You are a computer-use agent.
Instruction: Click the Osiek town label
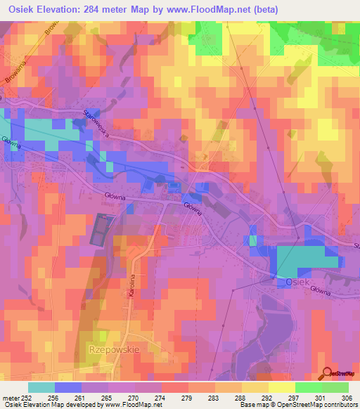pos(288,281)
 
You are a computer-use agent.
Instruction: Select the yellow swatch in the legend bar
pos(281,387)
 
